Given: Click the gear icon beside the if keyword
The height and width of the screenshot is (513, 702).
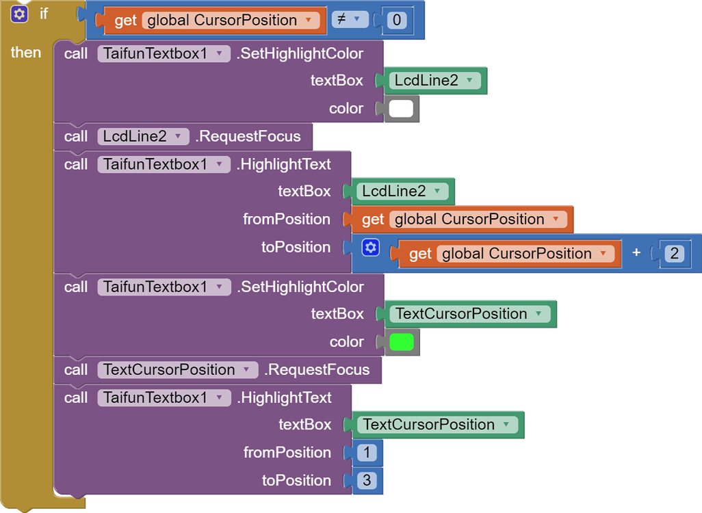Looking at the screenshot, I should (x=20, y=13).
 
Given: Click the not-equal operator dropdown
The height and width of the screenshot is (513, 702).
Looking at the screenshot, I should (x=350, y=20).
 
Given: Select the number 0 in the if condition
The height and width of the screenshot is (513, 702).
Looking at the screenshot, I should (x=397, y=21).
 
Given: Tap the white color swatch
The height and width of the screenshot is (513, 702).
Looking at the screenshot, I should (x=401, y=109).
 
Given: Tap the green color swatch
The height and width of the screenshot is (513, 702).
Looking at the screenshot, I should (x=402, y=342).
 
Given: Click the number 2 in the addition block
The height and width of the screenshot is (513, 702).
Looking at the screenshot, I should (x=674, y=254).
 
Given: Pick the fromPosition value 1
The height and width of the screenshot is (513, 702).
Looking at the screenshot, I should (x=367, y=453).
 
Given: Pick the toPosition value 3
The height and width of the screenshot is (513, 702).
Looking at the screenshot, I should (x=367, y=481).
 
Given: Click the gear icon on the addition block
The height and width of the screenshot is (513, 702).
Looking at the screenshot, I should (x=371, y=248).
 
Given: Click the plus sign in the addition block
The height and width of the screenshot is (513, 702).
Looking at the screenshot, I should (x=636, y=253).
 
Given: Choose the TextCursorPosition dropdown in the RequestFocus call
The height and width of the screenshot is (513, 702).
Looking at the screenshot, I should (x=177, y=370).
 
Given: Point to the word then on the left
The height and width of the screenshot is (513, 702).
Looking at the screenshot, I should (x=26, y=53).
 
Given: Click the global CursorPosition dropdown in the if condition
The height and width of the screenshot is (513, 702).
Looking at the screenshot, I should (x=231, y=21).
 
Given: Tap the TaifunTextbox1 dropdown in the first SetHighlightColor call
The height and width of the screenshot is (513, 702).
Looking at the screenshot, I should (x=164, y=53).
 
